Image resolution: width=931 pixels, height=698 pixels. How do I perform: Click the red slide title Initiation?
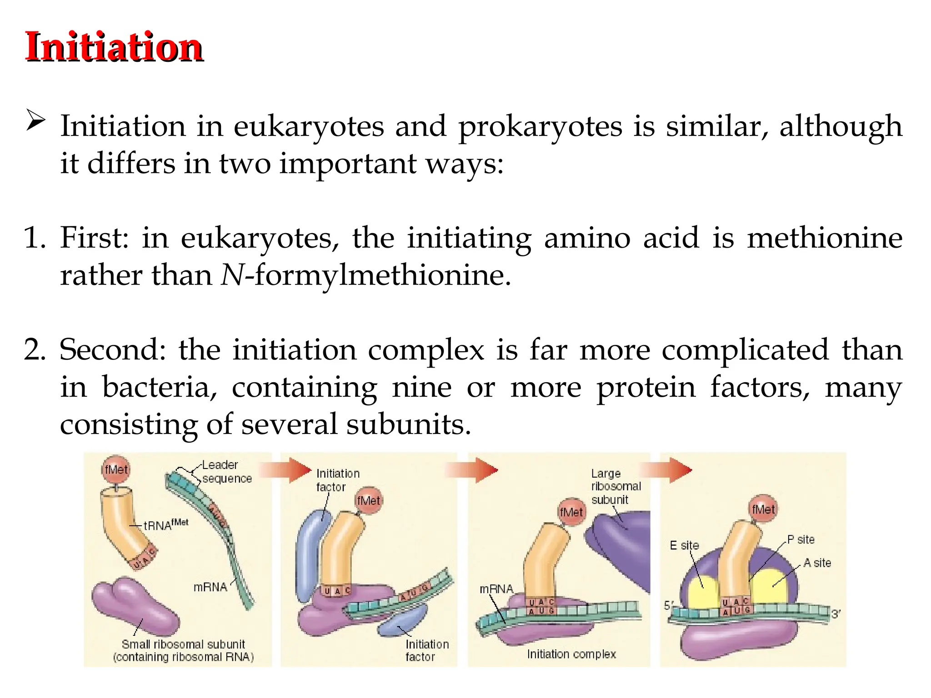click(x=114, y=47)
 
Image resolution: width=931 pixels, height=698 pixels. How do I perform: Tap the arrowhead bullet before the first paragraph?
click(x=35, y=120)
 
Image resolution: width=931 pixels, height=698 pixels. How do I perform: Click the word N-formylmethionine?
click(x=366, y=275)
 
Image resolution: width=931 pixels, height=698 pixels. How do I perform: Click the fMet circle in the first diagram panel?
click(x=116, y=469)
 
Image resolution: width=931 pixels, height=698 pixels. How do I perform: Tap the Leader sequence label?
click(x=226, y=472)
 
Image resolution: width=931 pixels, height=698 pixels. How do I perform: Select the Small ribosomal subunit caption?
click(x=183, y=650)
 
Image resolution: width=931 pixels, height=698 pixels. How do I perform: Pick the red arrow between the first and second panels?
click(x=286, y=470)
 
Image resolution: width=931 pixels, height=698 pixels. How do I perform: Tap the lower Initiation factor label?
click(x=426, y=650)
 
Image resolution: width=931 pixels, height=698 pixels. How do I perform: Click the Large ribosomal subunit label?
click(x=615, y=486)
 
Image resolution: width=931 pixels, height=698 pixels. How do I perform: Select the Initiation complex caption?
click(x=571, y=654)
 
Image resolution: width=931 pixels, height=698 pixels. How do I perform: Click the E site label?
click(x=684, y=545)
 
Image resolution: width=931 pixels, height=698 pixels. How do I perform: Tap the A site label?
click(x=817, y=563)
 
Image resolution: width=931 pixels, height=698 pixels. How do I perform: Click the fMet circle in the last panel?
click(x=763, y=509)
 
